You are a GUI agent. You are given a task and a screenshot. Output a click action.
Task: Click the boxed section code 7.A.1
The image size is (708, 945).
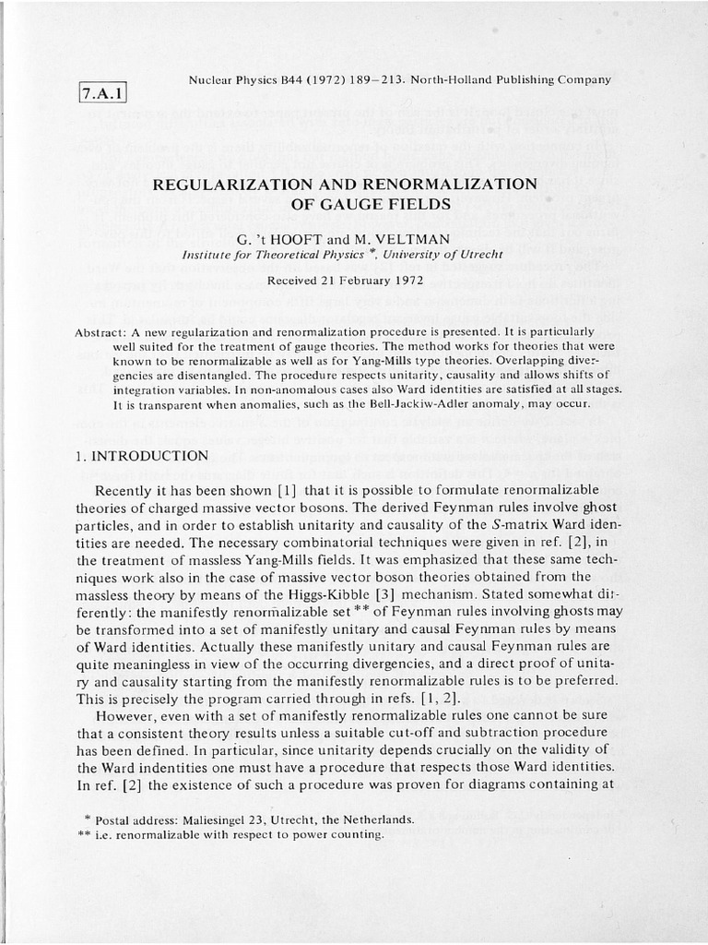coord(102,93)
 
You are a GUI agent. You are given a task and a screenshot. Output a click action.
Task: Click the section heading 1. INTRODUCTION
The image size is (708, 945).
coord(139,456)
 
